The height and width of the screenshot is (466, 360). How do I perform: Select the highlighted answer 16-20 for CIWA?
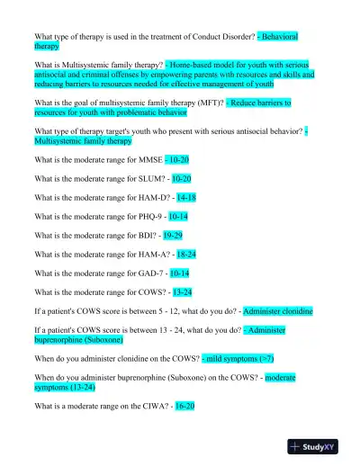(x=184, y=406)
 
